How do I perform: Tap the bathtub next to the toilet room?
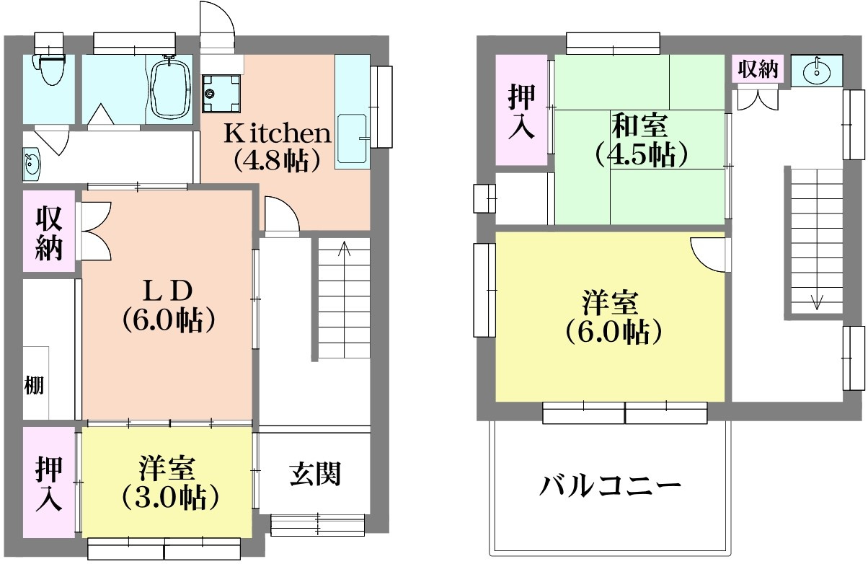pos(170,87)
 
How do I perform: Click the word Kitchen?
pos(277,133)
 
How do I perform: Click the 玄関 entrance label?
pos(315,474)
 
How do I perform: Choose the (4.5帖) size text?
pos(639,154)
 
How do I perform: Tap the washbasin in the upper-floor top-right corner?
pos(817,71)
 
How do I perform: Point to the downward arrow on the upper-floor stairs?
pos(816,301)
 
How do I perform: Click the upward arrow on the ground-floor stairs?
pos(344,250)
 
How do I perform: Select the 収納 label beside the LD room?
pos(48,232)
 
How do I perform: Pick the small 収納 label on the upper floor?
pos(758,70)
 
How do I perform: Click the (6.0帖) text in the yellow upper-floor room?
pos(613,332)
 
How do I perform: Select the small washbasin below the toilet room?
pos(32,163)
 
